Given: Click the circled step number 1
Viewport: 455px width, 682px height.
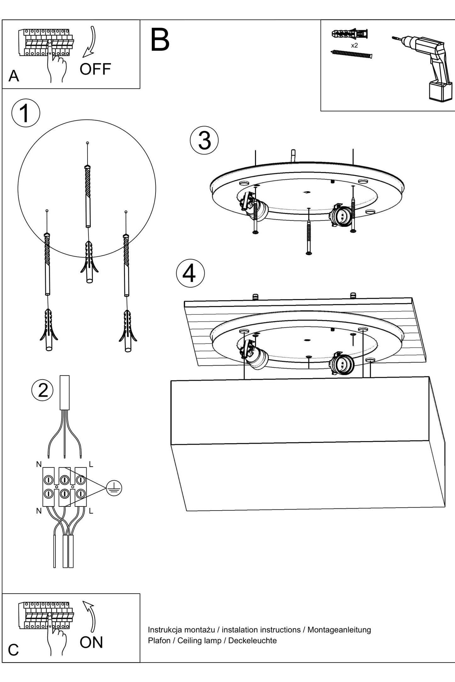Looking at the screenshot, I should (26, 113).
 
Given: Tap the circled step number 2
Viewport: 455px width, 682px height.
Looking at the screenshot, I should (43, 390).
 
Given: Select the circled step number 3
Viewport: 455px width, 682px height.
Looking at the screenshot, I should (204, 140).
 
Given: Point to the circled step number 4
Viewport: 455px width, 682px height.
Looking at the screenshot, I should (190, 273).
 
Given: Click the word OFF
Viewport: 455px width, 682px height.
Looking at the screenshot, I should (95, 69).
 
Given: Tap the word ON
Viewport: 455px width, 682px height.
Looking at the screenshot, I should (91, 642).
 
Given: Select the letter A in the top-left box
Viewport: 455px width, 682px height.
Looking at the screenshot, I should (14, 76).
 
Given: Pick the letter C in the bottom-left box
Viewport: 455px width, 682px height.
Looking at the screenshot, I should (13, 650).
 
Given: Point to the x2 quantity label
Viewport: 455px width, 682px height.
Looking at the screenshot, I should (354, 45).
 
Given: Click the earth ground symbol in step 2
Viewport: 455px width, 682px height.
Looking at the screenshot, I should (114, 488).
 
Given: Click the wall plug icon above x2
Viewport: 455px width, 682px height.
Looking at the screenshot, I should (350, 33).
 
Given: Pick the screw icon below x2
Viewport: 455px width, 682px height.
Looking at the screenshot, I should (351, 54).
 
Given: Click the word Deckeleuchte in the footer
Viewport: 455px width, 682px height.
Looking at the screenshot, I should (252, 640).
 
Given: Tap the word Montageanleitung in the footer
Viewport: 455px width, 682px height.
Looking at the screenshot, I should (339, 630).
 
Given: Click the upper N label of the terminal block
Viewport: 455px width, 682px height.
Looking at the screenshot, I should (39, 464).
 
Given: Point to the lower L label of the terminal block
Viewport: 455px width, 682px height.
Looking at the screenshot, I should (91, 511).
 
